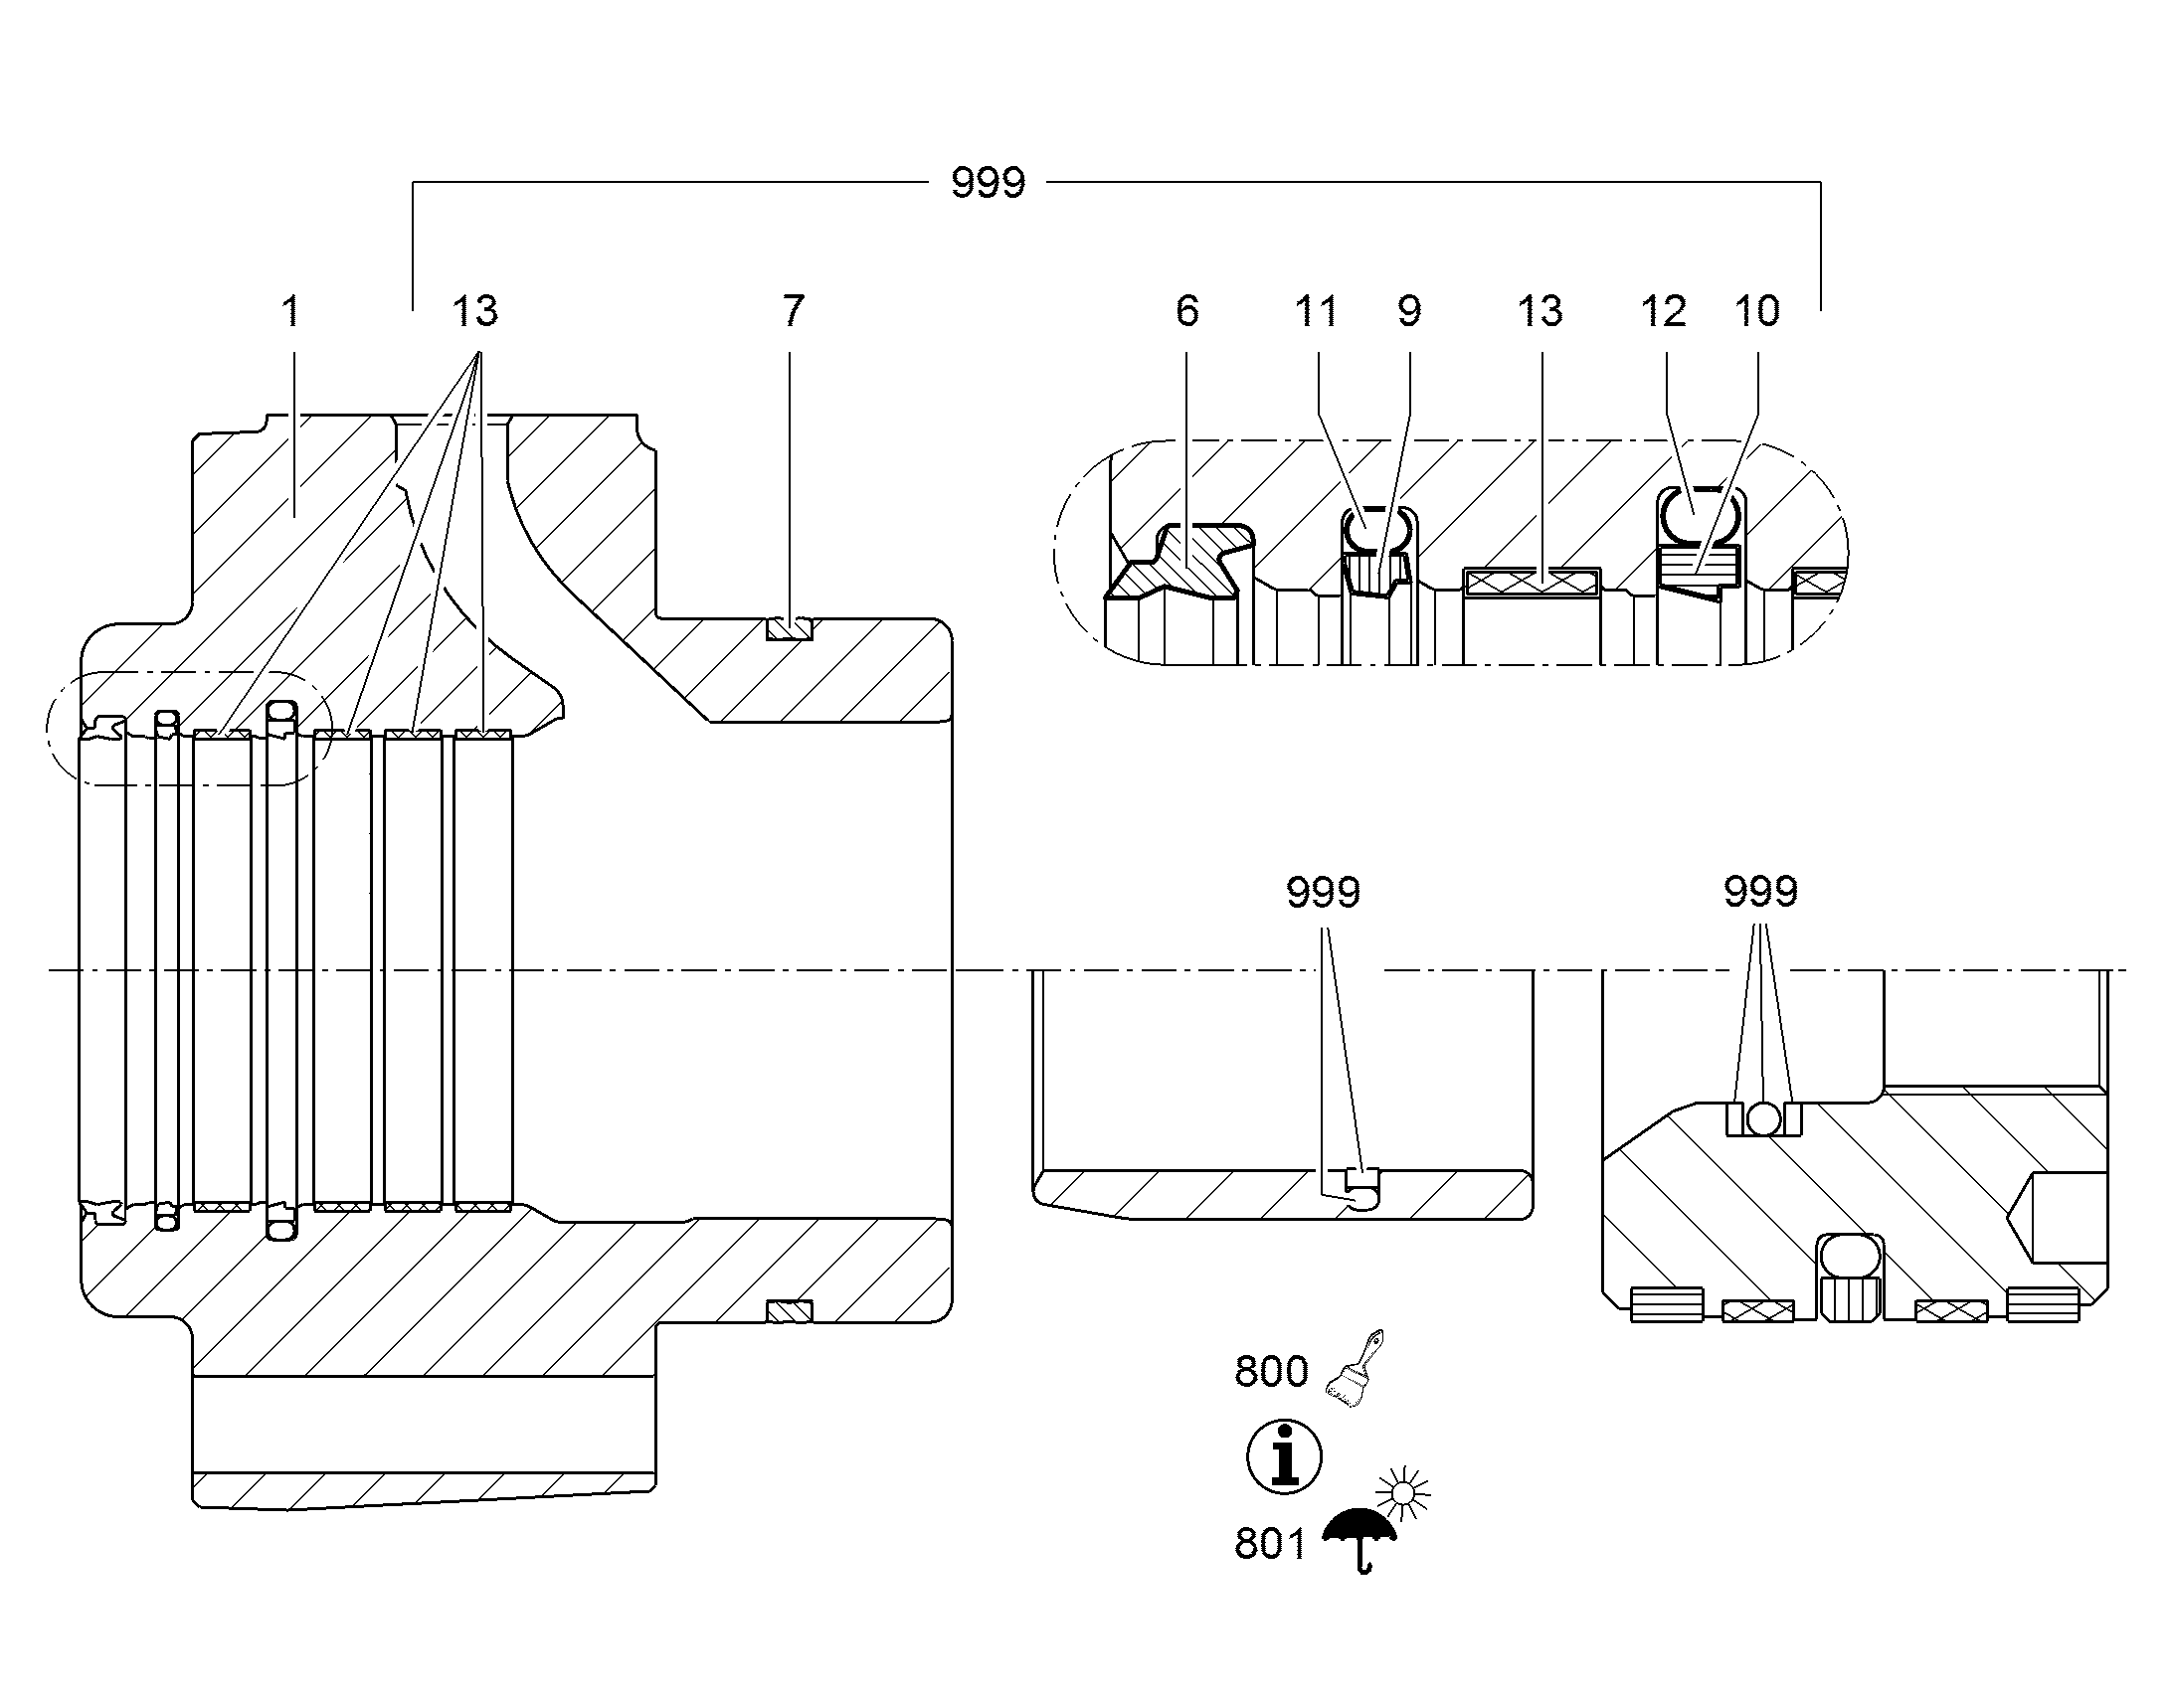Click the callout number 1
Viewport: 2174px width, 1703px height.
point(290,312)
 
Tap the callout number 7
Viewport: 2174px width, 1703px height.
point(793,312)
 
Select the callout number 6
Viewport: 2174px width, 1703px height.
point(1186,312)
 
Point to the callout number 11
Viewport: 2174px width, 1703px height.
point(1317,312)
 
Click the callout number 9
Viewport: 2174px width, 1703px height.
point(1409,312)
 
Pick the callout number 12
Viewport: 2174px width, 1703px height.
point(1664,312)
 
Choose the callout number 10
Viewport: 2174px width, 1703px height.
point(1757,312)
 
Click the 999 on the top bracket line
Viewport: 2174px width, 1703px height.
point(989,184)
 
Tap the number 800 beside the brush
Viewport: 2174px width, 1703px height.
point(1272,1373)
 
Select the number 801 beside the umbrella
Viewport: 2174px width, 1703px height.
point(1270,1545)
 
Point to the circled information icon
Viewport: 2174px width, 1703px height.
point(1285,1456)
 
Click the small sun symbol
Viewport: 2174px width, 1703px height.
point(1403,1492)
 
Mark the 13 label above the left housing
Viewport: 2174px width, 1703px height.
point(474,312)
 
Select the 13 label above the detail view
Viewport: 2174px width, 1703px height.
point(1540,312)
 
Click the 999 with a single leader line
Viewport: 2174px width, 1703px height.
point(1324,893)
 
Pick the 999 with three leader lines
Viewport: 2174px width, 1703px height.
point(1761,893)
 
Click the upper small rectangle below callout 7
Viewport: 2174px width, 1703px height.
point(789,629)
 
